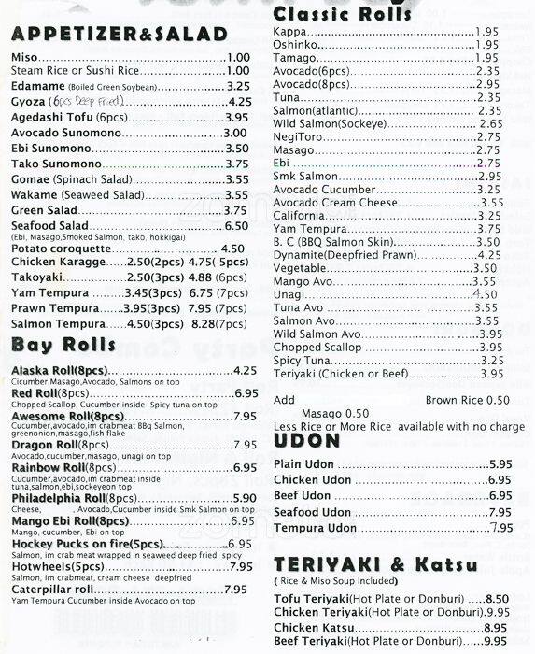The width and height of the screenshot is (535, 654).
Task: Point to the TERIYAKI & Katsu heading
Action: coord(376,564)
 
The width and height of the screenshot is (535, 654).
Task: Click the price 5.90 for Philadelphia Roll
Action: coord(244,498)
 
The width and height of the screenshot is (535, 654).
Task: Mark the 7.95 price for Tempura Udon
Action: coord(501,528)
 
